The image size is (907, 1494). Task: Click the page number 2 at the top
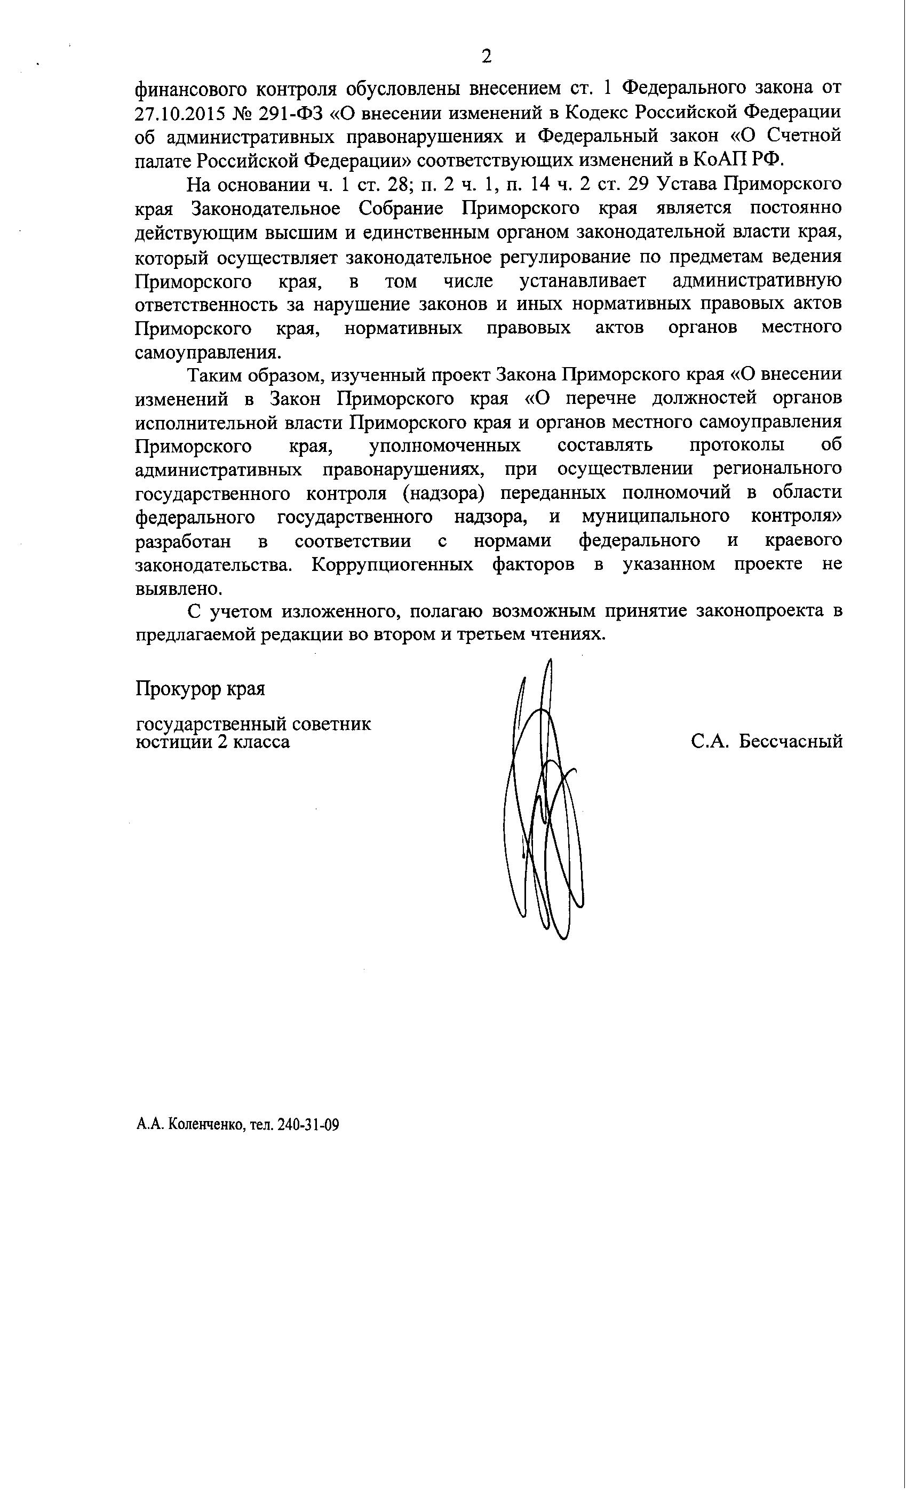pyautogui.click(x=486, y=57)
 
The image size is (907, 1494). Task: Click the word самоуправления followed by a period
pyautogui.click(x=208, y=352)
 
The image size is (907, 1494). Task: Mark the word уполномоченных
pyautogui.click(x=444, y=446)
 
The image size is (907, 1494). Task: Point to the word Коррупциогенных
pyautogui.click(x=392, y=565)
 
